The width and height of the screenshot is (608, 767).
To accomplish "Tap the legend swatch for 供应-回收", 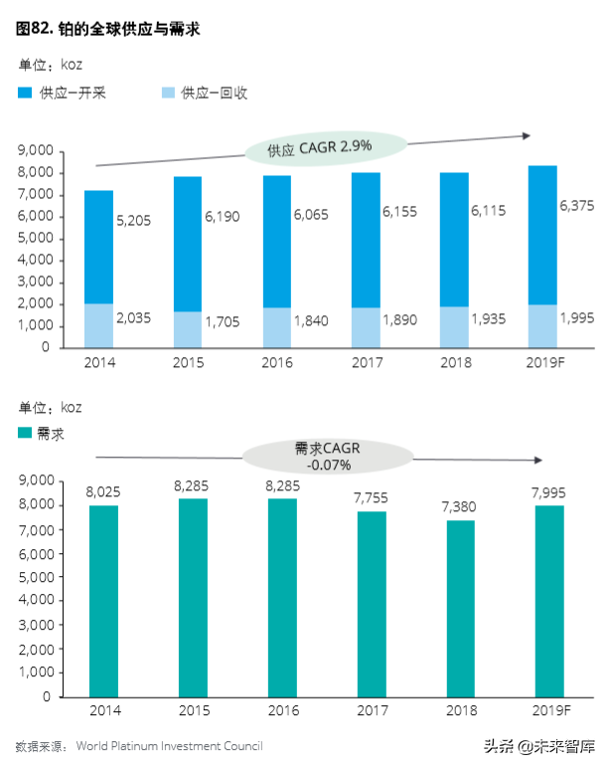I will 167,94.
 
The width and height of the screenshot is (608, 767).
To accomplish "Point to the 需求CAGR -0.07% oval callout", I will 327,456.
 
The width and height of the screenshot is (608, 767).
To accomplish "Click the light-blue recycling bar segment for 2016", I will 277,327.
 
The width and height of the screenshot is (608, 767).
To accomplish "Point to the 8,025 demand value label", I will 103,490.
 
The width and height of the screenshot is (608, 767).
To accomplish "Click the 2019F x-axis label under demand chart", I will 549,710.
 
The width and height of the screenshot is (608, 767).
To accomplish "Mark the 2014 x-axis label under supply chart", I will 100,362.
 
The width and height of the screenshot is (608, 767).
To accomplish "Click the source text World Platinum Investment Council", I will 170,745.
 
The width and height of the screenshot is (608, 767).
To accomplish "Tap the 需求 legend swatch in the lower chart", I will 26,434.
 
